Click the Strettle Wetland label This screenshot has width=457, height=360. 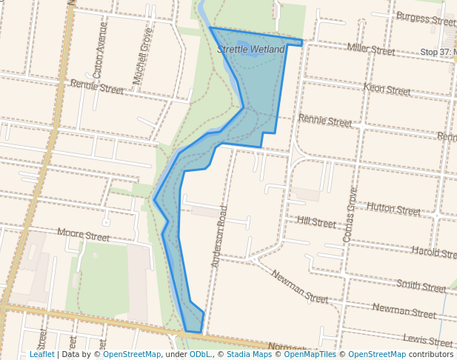251,49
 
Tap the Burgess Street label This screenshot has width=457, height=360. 425,17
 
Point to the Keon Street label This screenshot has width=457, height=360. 387,90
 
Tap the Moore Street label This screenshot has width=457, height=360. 83,236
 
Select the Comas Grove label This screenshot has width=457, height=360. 350,214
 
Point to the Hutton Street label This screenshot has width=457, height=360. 393,209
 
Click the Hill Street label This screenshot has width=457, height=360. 316,221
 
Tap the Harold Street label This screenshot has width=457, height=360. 434,253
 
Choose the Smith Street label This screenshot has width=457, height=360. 421,285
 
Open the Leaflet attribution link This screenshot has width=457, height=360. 41,354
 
